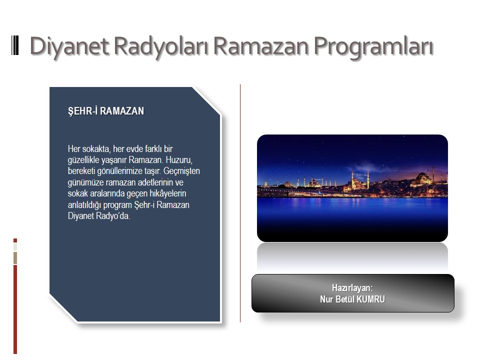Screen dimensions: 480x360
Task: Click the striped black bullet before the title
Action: [15, 45]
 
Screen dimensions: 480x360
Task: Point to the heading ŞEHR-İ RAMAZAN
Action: [106, 111]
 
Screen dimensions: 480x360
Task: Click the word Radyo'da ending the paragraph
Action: [113, 216]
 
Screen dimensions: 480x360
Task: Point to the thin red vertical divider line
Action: [240, 203]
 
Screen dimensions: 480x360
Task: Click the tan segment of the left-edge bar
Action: [15, 258]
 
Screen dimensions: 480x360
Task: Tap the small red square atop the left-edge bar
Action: [15, 240]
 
